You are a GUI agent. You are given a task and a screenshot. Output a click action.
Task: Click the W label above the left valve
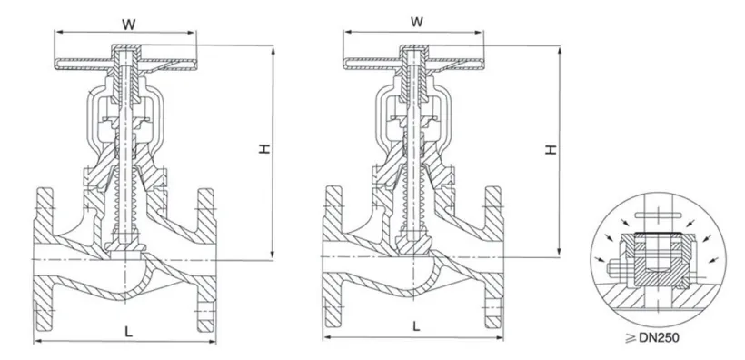coord(128,25)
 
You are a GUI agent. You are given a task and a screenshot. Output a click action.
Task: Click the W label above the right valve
coord(417,22)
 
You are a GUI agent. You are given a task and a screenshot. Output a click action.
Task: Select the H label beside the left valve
coord(264,148)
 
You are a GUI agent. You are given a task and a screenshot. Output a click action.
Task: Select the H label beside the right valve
coord(551,149)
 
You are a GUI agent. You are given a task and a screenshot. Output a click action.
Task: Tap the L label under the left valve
coord(128,332)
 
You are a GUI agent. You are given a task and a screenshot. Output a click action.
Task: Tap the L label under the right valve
coord(416,326)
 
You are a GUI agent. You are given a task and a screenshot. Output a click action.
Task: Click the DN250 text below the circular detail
coord(659,337)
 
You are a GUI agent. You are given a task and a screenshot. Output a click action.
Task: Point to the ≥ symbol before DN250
coord(631,337)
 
